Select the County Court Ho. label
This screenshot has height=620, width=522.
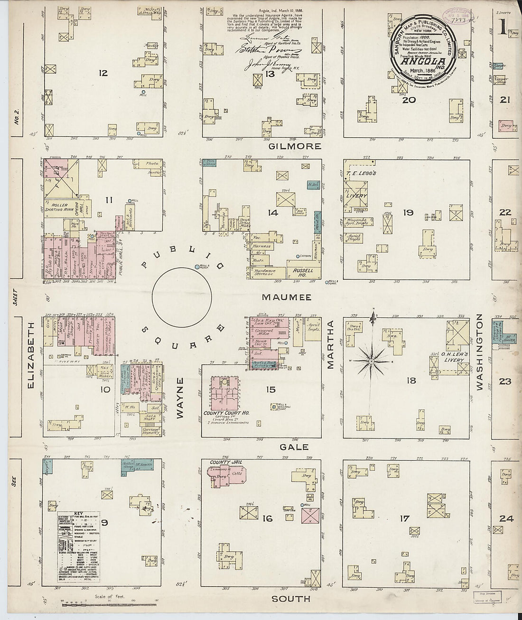click(226, 413)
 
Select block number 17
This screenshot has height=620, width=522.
click(403, 519)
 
